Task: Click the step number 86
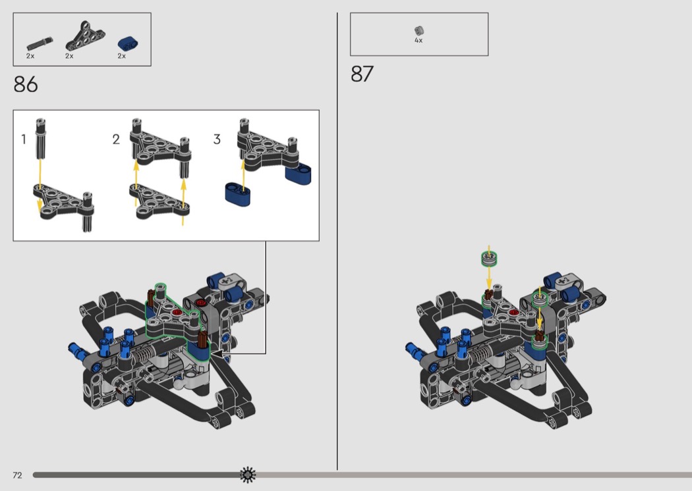pos(26,84)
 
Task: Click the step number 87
pos(362,74)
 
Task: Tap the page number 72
pos(17,475)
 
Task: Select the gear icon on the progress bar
pos(248,475)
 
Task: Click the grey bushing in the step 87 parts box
pos(418,30)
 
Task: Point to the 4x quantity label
pos(418,41)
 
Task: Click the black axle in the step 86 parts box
pos(40,43)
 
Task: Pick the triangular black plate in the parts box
pos(86,36)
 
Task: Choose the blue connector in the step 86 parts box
pos(128,43)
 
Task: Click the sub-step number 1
pos(24,140)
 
